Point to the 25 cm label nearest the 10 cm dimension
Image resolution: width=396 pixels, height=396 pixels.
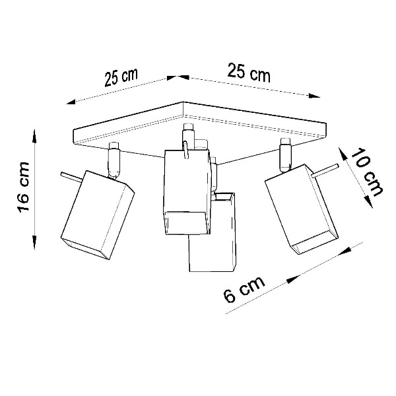coord(249,72)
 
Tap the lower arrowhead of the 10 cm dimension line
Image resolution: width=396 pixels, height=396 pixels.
coord(368,203)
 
